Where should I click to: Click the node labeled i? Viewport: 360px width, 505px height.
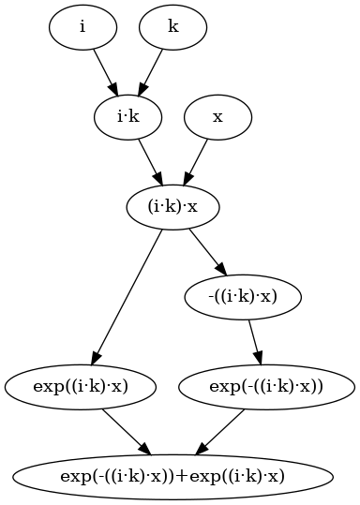pos(82,27)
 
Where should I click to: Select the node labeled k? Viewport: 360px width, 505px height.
pos(173,27)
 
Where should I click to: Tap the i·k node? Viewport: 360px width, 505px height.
pos(127,117)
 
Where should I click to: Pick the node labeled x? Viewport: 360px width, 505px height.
pos(217,117)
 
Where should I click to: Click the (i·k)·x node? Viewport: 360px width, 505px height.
pos(172,207)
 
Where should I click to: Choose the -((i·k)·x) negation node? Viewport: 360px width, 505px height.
pos(243,297)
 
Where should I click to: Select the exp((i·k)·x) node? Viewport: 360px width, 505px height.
pos(81,387)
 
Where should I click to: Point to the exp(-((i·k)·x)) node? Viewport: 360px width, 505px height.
pos(266,387)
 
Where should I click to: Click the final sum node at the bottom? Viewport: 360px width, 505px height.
pos(172,477)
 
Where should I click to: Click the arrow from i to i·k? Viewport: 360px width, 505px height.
pos(105,72)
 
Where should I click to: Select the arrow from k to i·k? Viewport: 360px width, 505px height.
pos(151,72)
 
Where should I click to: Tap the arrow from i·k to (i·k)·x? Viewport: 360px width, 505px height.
pos(151,162)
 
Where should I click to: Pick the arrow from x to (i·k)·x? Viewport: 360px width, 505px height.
pos(195,162)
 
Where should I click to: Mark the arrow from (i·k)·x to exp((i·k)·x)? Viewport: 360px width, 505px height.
pos(126,297)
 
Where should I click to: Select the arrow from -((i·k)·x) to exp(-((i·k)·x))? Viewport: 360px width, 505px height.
pos(255,342)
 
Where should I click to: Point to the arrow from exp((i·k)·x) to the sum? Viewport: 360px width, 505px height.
pos(127,432)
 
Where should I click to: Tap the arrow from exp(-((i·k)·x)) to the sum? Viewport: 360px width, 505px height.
pos(219,432)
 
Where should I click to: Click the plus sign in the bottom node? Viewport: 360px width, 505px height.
pos(182,477)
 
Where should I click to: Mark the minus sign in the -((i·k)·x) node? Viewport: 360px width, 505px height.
pos(211,298)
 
